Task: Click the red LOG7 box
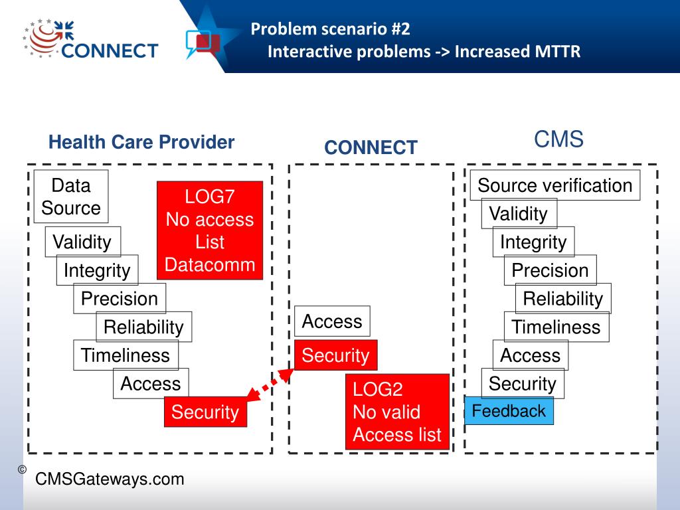[x=210, y=230]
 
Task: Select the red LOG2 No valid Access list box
[x=397, y=412]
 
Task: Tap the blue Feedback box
[x=509, y=411]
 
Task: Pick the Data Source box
[x=71, y=197]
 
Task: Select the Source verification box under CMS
[x=555, y=185]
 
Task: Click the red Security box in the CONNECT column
[x=335, y=355]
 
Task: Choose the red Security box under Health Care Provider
[x=205, y=412]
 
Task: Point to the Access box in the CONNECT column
[x=332, y=321]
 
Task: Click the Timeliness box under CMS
[x=556, y=327]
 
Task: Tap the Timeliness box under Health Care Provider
[x=126, y=355]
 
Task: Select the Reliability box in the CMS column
[x=563, y=299]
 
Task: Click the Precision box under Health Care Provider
[x=120, y=299]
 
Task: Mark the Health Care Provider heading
[x=141, y=142]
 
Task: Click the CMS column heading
[x=558, y=139]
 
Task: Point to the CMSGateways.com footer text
[x=110, y=479]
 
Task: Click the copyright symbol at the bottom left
[x=22, y=469]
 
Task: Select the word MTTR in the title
[x=557, y=51]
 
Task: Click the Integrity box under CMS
[x=533, y=242]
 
